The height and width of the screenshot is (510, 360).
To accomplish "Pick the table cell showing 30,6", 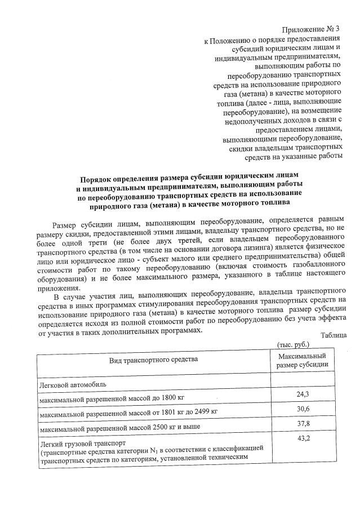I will [x=303, y=409].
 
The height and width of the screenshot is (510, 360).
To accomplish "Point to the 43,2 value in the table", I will [x=303, y=438].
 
